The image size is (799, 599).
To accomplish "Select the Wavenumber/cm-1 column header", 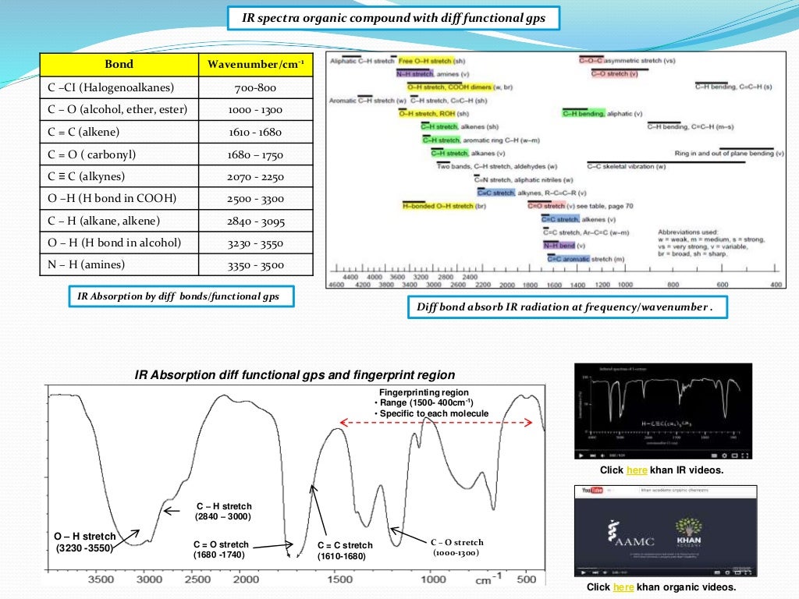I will [255, 65].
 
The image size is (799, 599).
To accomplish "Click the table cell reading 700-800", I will [255, 87].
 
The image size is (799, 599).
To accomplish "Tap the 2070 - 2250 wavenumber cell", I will [255, 176].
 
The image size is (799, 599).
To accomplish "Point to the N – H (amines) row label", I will [87, 264].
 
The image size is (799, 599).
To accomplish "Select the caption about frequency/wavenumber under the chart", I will [566, 307].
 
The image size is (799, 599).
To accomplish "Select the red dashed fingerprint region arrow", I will [435, 423].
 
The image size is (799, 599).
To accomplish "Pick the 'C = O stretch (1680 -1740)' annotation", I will [221, 550].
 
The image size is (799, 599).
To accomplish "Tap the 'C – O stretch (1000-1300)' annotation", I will [456, 548].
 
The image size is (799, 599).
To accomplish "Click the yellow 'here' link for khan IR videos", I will [637, 470].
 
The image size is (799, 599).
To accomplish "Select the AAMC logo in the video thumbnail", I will [629, 537].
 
